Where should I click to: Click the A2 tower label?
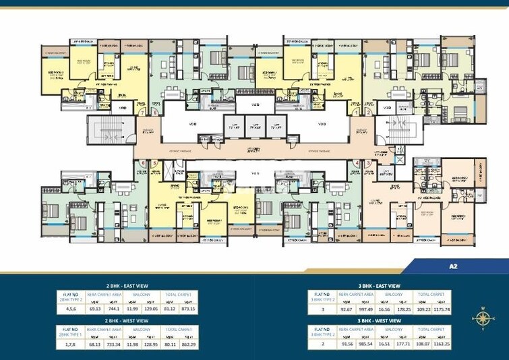click(x=452, y=267)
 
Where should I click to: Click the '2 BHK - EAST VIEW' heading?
click(x=127, y=286)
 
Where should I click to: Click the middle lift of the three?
click(x=254, y=127)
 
